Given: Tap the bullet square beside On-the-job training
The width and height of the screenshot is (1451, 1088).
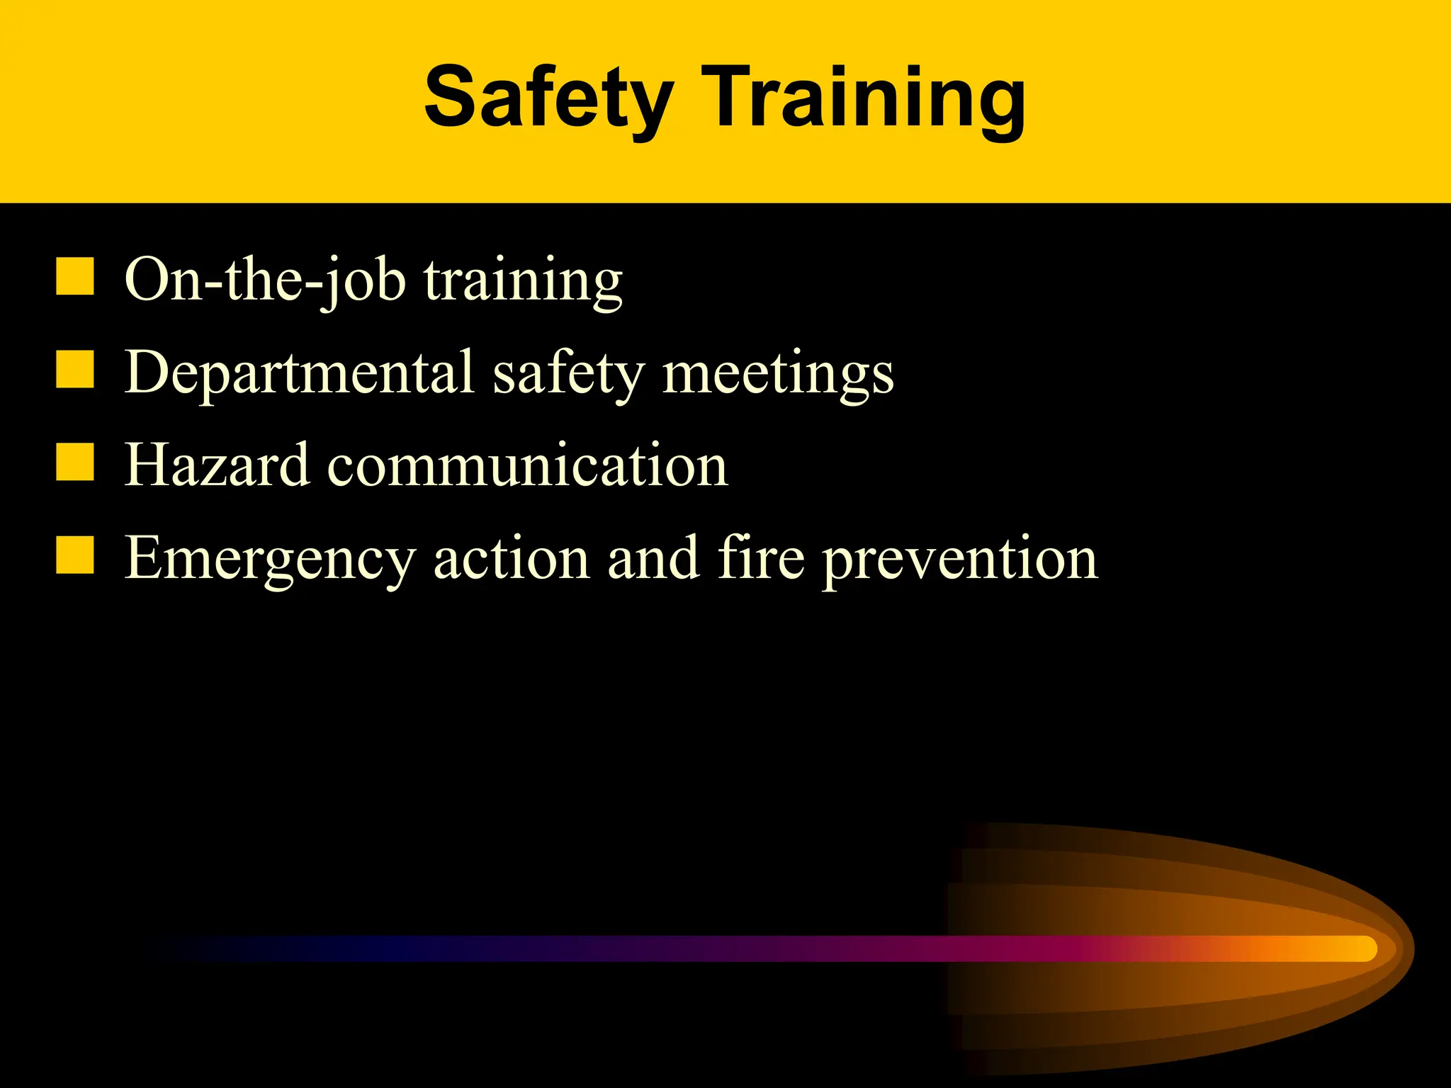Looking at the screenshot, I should [75, 276].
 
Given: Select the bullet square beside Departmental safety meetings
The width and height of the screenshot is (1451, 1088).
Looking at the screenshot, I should [75, 370].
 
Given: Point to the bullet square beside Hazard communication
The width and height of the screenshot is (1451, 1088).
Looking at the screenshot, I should [75, 463].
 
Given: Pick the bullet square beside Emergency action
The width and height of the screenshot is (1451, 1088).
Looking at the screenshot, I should [75, 555].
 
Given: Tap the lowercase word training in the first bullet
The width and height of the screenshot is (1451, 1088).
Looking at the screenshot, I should [524, 282].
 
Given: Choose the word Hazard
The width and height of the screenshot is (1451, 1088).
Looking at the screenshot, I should [217, 465].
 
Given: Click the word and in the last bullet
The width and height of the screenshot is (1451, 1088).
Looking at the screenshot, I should [653, 558].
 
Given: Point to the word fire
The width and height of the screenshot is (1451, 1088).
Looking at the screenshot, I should [761, 558].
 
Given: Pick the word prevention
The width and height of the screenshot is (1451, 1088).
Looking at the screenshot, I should [960, 561].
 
